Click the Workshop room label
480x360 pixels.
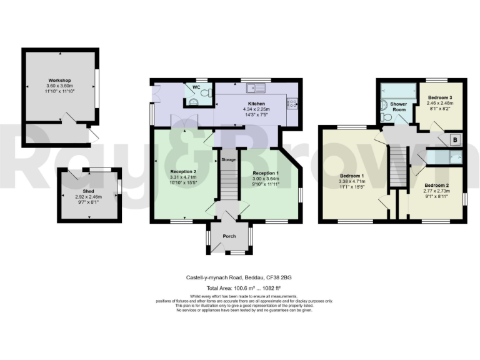[60, 81]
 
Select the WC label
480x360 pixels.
[196, 87]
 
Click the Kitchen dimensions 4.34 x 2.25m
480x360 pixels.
[256, 110]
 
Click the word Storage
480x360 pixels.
[228, 160]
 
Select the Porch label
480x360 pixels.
[229, 237]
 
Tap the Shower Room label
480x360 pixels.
[398, 106]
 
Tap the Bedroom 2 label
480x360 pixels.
[437, 186]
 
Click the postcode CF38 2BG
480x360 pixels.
[279, 277]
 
